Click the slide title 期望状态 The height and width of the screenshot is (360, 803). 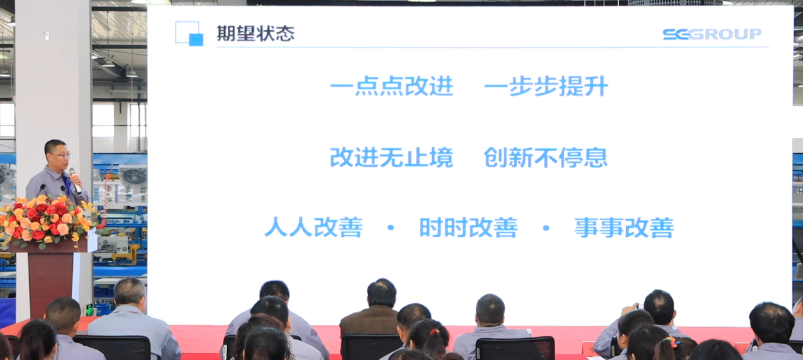pos(255,34)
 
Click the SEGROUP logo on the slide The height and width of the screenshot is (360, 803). pos(711,34)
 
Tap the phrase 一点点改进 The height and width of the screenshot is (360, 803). pos(392,87)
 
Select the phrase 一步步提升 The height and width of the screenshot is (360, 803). pos(546,87)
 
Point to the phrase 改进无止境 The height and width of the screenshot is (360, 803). pos(392,158)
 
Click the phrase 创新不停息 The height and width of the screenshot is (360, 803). pos(545,158)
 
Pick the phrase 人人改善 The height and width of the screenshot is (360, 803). pos(313,227)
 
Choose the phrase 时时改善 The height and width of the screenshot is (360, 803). pos(468,227)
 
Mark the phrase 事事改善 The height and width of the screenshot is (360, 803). pos(624,227)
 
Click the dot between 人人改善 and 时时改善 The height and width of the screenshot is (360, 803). pos(391,228)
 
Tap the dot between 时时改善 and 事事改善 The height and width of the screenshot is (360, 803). pos(546,228)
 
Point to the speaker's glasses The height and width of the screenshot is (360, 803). pos(59,154)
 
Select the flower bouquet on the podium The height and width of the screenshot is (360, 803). pos(47,221)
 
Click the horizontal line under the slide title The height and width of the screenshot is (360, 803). pos(492,47)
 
